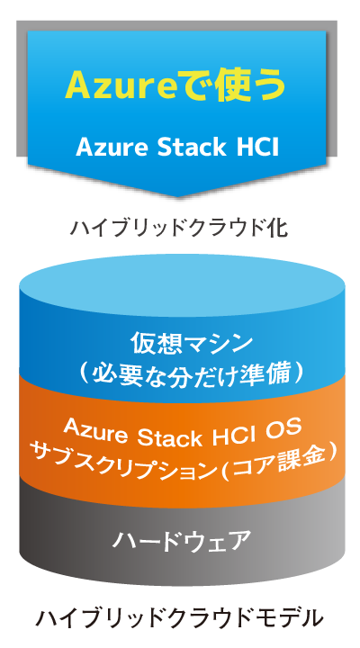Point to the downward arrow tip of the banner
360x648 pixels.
tap(177, 196)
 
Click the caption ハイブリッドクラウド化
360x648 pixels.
tap(179, 227)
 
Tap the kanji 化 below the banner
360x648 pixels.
tap(278, 227)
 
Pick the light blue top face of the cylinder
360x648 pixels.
tap(182, 284)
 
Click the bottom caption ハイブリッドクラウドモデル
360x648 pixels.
tap(179, 617)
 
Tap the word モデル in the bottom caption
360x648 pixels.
tap(292, 617)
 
